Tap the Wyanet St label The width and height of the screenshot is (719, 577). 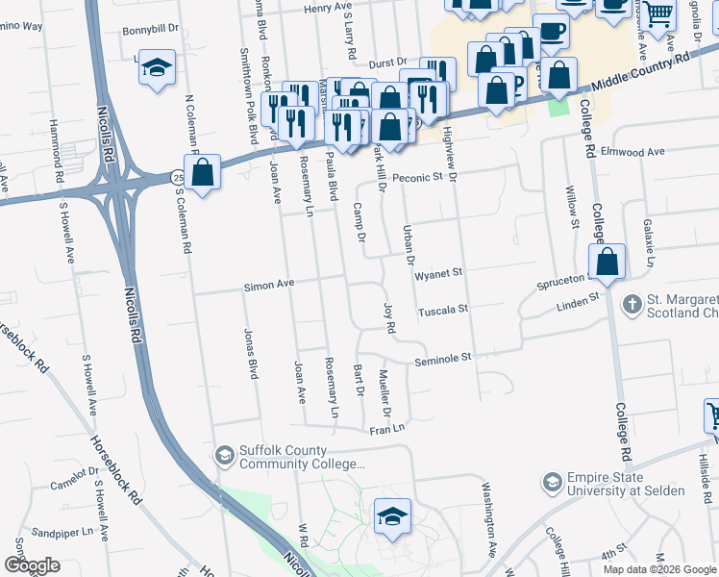click(x=438, y=273)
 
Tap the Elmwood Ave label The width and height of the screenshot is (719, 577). click(x=632, y=152)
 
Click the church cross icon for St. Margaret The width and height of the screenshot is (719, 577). click(x=632, y=305)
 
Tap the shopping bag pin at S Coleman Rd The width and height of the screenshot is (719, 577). click(x=203, y=173)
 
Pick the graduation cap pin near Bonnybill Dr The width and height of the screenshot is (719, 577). click(x=157, y=67)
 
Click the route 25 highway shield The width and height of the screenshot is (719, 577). click(x=179, y=177)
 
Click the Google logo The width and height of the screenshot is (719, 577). click(x=32, y=564)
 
